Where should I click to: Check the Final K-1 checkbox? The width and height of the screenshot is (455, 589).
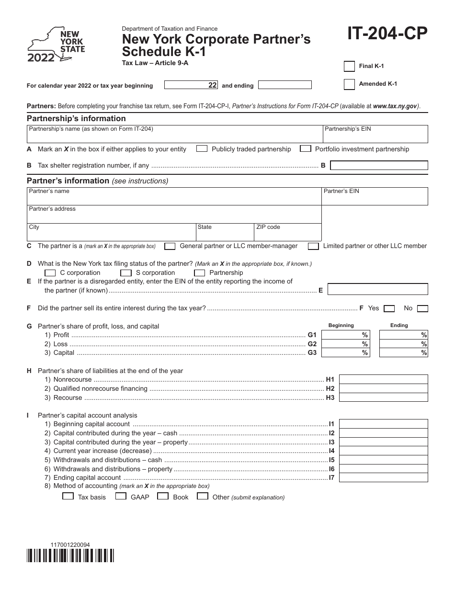coord(350,66)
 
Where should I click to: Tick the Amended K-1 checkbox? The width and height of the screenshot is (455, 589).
coord(350,84)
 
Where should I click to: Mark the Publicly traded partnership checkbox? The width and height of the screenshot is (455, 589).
coord(202,149)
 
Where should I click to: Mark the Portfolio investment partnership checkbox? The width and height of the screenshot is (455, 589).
coord(305,149)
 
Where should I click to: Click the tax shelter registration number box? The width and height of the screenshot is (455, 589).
coord(379,166)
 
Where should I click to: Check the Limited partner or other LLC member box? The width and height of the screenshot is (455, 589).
coord(314,246)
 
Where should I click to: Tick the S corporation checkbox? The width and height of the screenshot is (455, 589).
coord(126,273)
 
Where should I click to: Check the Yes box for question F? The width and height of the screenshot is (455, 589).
coord(389,309)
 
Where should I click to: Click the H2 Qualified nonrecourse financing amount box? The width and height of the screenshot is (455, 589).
coord(383,388)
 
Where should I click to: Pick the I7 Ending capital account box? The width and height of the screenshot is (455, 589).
coord(383,477)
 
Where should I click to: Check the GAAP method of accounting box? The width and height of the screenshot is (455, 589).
coord(120,497)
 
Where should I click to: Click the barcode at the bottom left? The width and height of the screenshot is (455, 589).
coord(71,555)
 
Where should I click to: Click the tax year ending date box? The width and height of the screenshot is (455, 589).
coord(285,85)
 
